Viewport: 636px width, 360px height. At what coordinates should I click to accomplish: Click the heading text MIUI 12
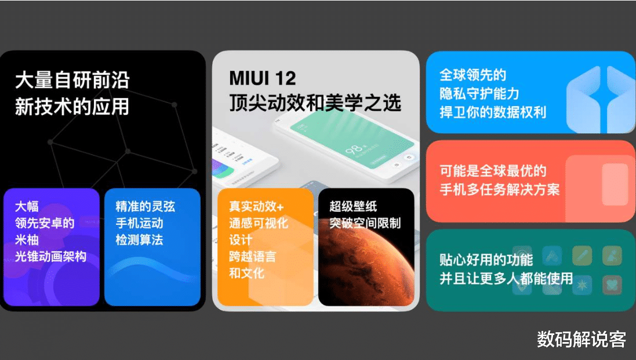[x=263, y=78]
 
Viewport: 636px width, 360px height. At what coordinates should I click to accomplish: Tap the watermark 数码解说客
[x=582, y=340]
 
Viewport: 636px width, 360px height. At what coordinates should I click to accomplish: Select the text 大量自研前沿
[x=72, y=80]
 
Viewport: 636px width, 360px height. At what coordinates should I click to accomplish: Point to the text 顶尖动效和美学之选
[x=315, y=103]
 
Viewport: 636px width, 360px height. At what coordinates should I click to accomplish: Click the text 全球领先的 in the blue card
[x=473, y=75]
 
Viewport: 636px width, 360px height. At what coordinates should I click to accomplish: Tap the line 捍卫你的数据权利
[x=493, y=112]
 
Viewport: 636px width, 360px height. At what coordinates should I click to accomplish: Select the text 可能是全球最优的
[x=493, y=171]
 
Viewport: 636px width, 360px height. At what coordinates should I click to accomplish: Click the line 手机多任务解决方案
[x=500, y=190]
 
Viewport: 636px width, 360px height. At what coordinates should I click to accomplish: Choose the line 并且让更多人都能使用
[x=506, y=278]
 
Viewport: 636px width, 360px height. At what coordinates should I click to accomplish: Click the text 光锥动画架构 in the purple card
[x=51, y=256]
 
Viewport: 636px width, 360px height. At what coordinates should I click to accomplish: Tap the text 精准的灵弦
[x=145, y=206]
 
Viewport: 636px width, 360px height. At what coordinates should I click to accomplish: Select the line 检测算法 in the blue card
[x=139, y=239]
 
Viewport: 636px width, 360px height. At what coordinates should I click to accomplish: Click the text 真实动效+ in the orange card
[x=256, y=206]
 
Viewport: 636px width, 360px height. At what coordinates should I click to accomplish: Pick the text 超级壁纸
[x=353, y=206]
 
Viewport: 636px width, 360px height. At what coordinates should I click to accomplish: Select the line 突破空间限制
[x=365, y=223]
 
